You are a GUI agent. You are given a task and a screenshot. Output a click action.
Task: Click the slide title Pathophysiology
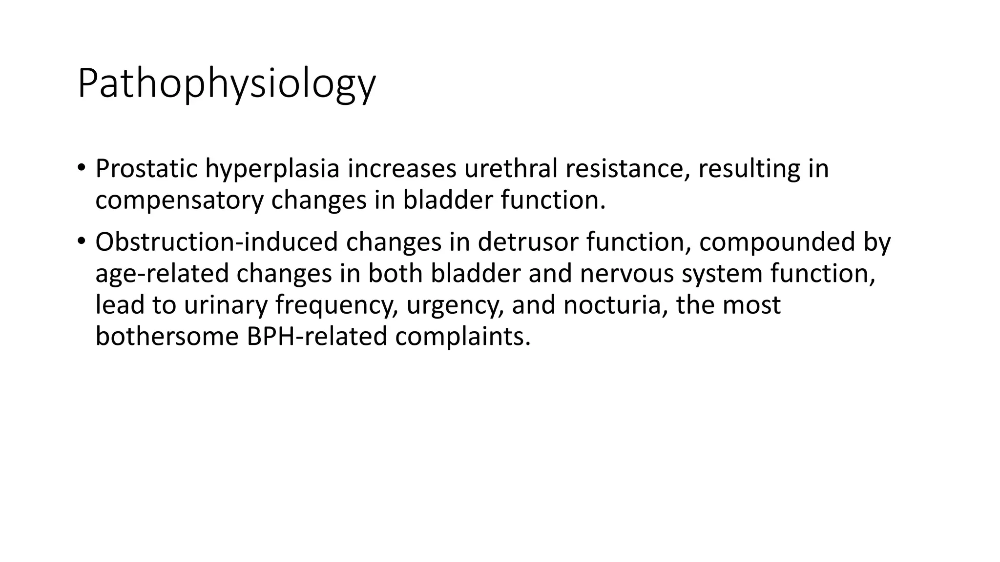click(x=226, y=84)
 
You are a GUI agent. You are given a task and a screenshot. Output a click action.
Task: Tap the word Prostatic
click(x=146, y=169)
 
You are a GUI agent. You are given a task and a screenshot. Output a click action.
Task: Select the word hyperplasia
click(x=272, y=169)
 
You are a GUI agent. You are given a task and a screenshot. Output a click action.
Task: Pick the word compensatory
click(x=179, y=201)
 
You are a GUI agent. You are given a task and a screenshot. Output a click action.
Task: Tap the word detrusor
click(x=528, y=242)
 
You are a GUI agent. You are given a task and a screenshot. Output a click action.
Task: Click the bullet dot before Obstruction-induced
click(x=81, y=241)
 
